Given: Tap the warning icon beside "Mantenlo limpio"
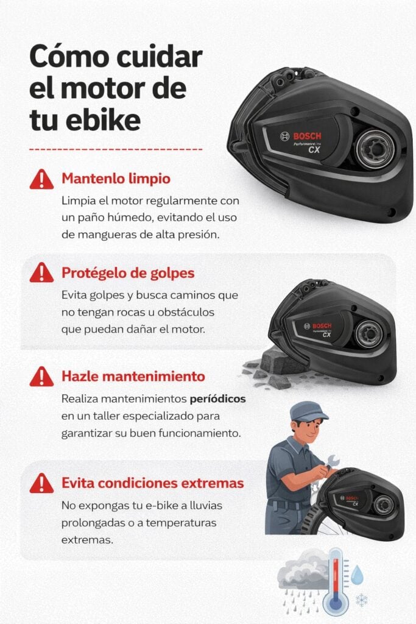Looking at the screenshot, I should point(41,179).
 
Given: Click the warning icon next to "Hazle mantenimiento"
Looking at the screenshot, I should point(41,376).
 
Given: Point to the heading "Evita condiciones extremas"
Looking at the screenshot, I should point(153,483).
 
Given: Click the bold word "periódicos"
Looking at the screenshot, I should point(217,399).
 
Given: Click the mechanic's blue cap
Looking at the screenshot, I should point(308,411).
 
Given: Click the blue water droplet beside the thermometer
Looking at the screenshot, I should point(357,573).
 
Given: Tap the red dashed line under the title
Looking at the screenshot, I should point(116,148).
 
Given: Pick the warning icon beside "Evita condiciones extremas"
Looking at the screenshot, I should point(41,483).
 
